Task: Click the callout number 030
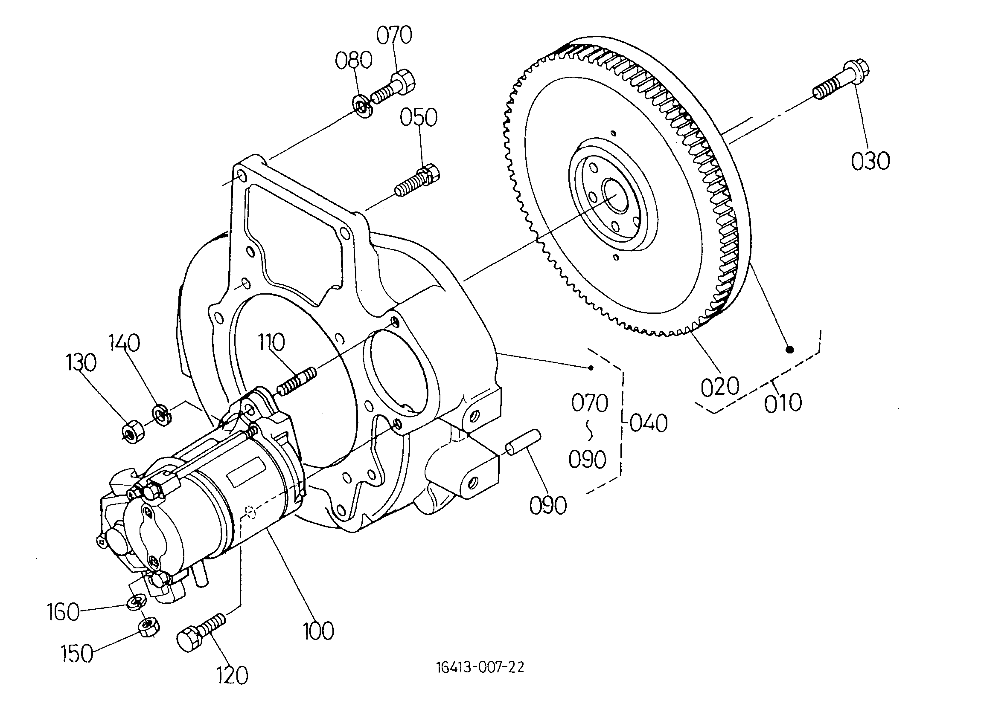pos(870,161)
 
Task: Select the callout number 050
pos(418,117)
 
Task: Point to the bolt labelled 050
pos(417,182)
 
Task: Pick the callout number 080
pos(354,60)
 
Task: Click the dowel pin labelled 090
pos(523,442)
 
